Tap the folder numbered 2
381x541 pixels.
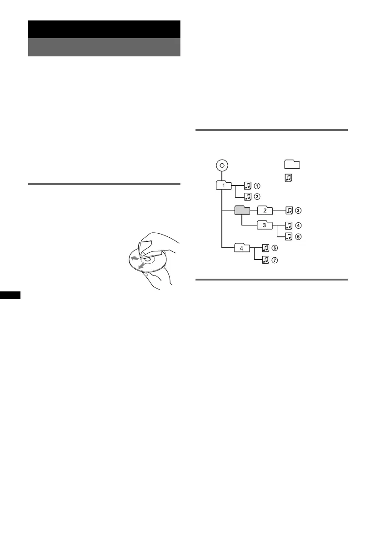click(x=265, y=210)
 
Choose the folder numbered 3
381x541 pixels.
click(x=265, y=225)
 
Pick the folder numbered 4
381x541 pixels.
click(x=242, y=248)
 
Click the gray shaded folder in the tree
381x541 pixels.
click(x=242, y=210)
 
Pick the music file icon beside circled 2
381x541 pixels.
click(x=248, y=196)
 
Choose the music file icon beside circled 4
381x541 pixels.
click(x=288, y=225)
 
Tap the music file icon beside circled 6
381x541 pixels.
click(x=266, y=248)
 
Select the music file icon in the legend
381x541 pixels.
click(x=287, y=178)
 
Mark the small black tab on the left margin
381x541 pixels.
click(x=13, y=296)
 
